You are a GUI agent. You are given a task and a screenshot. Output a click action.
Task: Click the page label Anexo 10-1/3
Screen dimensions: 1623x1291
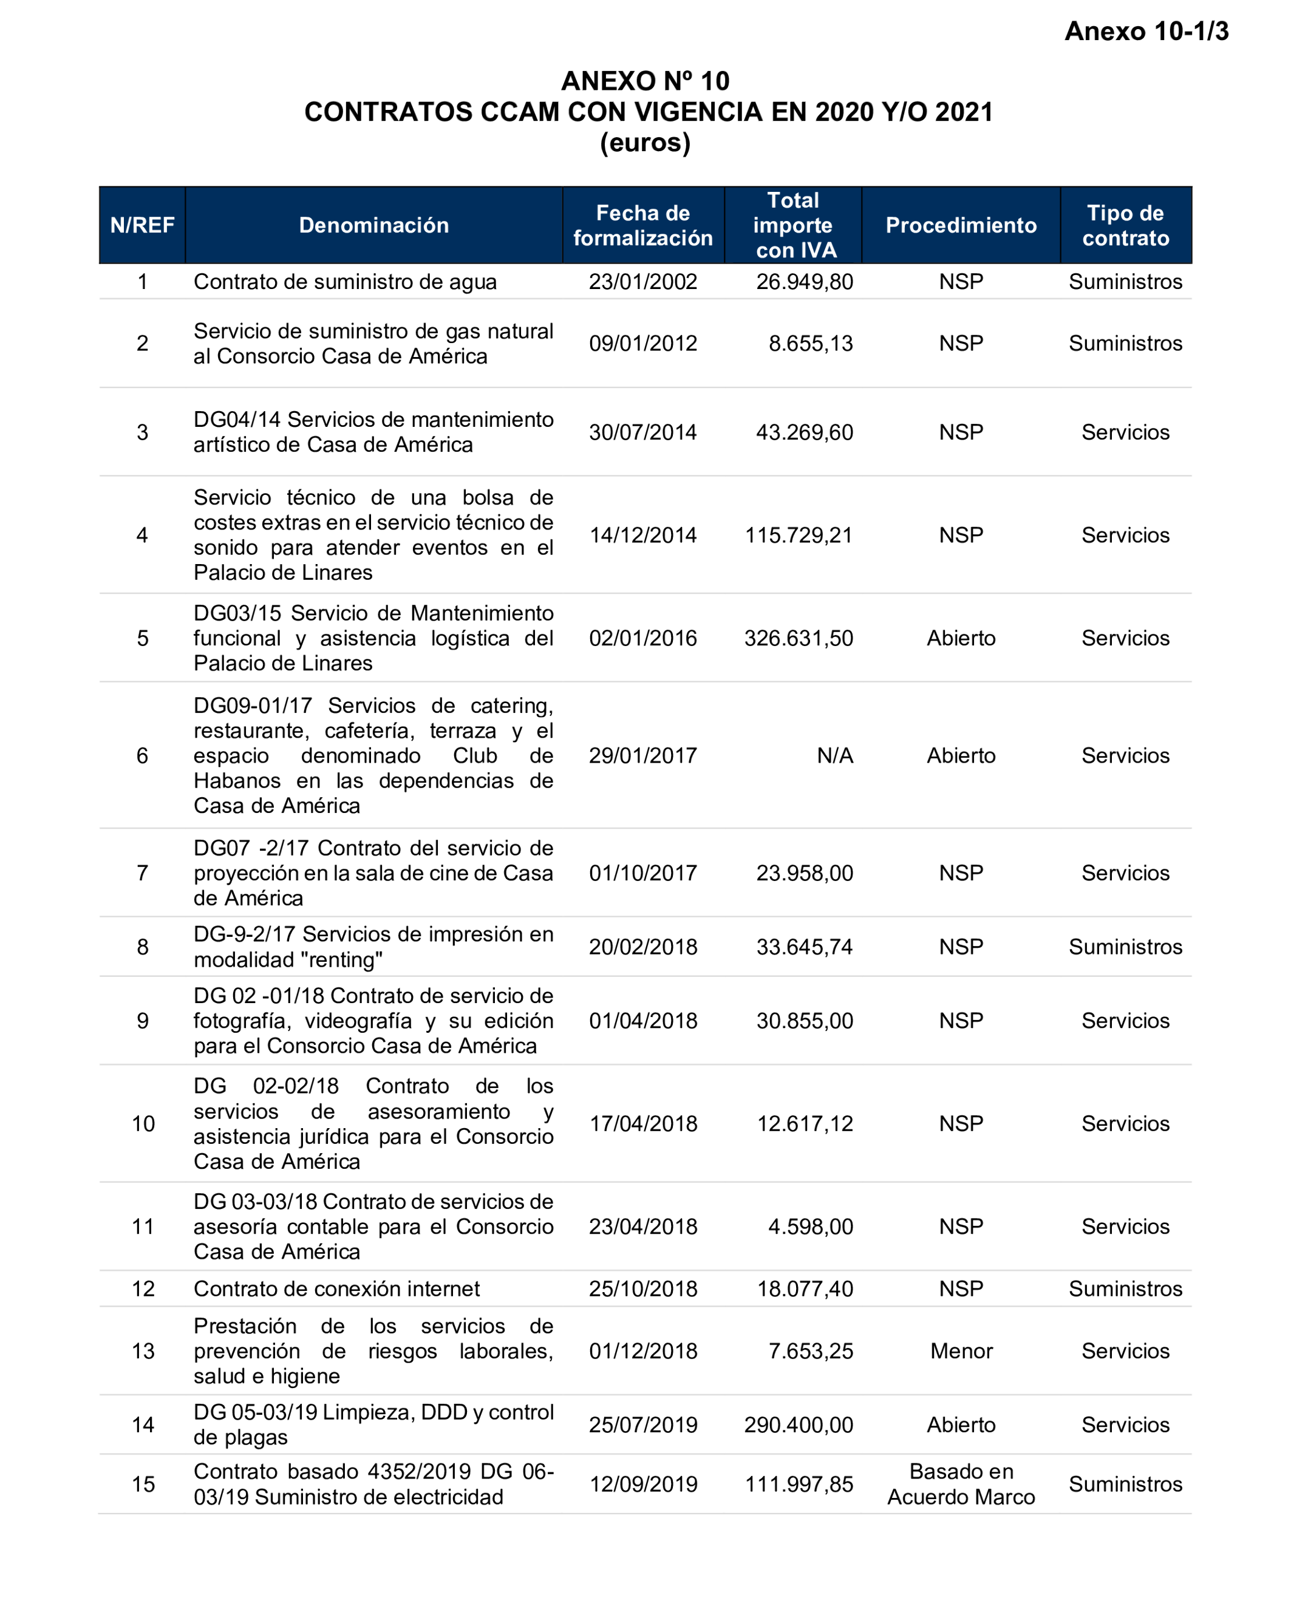click(x=1146, y=32)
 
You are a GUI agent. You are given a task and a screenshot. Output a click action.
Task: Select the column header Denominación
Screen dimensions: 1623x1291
click(x=373, y=225)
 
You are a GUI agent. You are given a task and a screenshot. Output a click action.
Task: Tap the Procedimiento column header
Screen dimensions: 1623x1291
click(x=961, y=225)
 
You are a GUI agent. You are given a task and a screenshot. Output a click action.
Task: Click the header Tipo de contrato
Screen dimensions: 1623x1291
click(x=1125, y=225)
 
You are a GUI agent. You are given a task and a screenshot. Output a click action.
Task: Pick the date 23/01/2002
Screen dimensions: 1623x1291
click(x=643, y=282)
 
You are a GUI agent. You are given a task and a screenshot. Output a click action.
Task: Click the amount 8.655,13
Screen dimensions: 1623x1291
click(x=810, y=343)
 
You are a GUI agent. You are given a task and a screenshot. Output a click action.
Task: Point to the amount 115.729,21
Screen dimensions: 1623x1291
click(x=798, y=535)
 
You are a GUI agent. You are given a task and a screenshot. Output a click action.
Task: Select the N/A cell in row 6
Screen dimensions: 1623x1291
click(x=834, y=755)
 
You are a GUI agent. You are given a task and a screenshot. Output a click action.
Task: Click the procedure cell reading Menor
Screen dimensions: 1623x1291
click(x=961, y=1350)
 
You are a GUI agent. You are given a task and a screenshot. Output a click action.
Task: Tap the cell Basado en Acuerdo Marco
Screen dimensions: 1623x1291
click(x=961, y=1484)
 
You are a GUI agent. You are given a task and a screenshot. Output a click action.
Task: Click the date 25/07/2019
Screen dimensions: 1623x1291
click(x=643, y=1424)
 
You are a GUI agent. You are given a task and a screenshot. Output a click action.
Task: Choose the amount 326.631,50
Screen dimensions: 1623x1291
click(x=798, y=638)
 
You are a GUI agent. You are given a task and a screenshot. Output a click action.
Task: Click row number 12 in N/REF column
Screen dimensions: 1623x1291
click(x=143, y=1289)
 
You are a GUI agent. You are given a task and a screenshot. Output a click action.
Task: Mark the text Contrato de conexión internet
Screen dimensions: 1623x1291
click(x=336, y=1289)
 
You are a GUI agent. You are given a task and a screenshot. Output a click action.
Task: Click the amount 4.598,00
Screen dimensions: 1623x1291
click(x=810, y=1227)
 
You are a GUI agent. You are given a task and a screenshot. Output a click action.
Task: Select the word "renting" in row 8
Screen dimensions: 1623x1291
click(x=341, y=960)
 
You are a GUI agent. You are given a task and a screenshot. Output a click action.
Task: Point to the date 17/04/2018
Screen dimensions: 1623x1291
click(x=643, y=1123)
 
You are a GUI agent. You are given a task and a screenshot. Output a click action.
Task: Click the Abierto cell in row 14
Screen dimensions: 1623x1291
click(x=961, y=1424)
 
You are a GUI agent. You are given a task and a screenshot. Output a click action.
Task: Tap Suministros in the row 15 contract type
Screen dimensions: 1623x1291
click(x=1125, y=1484)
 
